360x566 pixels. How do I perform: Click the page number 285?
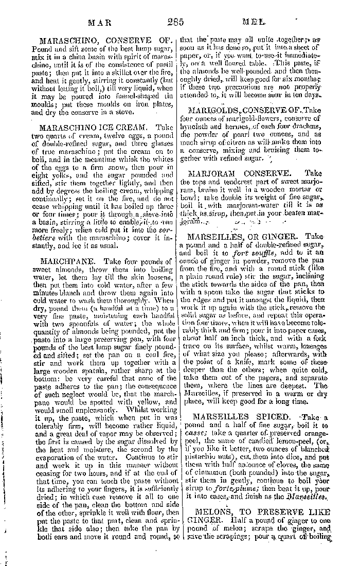pos(176,22)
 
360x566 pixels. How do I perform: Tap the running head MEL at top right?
pos(253,22)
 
